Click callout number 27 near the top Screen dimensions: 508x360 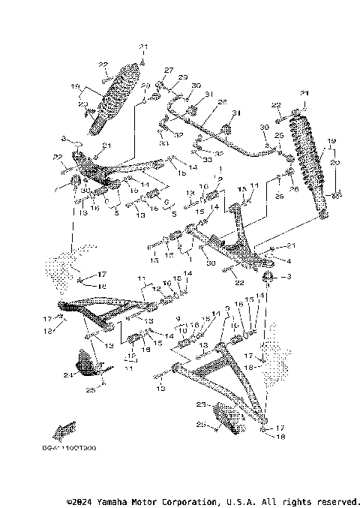point(169,70)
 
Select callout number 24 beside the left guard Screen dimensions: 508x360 point(67,374)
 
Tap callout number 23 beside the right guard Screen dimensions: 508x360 point(199,404)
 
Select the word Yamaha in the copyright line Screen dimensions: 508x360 point(120,500)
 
